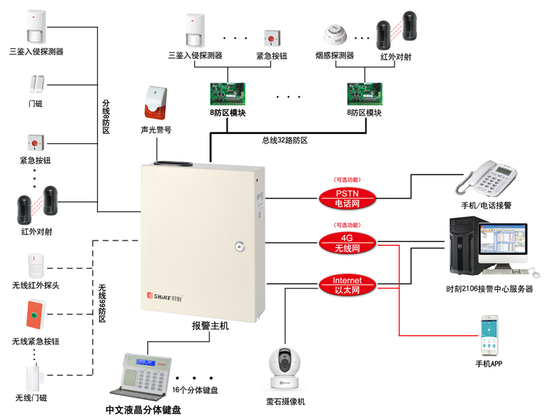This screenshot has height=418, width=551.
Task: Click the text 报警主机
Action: [x=210, y=326]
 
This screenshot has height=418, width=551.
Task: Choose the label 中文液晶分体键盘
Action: [x=143, y=410]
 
